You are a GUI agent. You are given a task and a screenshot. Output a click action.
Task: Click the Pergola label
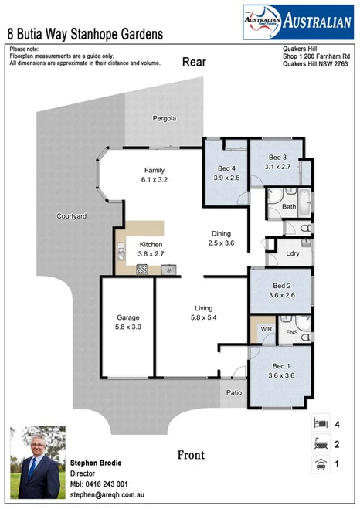[164, 119]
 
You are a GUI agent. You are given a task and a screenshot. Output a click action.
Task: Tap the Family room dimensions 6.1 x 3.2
[155, 179]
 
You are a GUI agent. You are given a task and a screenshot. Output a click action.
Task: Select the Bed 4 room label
[226, 168]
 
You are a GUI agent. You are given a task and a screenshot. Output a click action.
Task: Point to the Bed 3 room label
[277, 157]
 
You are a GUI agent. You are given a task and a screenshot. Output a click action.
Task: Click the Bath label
[289, 207]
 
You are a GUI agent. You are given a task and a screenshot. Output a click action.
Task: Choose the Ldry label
[293, 253]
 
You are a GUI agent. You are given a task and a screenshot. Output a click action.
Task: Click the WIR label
[267, 329]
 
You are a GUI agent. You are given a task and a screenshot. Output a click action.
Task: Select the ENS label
[291, 333]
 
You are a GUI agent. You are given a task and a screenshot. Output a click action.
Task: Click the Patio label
[235, 392]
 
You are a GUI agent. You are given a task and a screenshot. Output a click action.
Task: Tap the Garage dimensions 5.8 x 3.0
[127, 327]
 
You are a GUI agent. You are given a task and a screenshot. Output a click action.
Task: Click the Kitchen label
[151, 244]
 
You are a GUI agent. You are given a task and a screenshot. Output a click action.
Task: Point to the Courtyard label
[71, 217]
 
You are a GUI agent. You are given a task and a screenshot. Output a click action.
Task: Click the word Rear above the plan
[193, 63]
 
